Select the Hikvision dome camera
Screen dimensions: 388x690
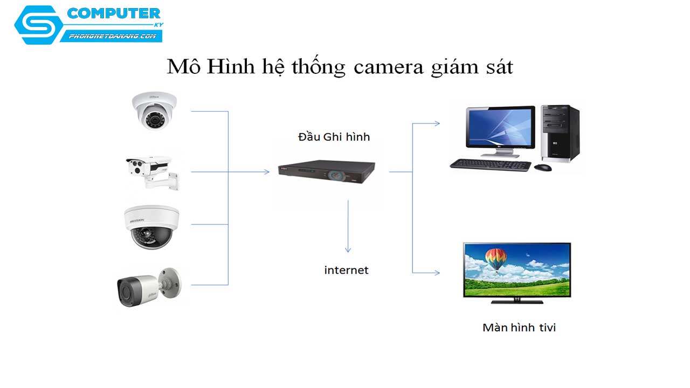[151, 227]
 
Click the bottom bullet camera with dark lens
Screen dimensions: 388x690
[148, 288]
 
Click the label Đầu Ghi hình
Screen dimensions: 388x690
[334, 137]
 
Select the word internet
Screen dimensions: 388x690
[346, 270]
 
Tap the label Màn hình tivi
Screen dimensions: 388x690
[519, 327]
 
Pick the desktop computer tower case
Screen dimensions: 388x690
[560, 133]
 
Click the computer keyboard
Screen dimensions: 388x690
[489, 164]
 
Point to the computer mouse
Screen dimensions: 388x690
[542, 167]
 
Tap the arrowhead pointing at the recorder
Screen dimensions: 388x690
[266, 172]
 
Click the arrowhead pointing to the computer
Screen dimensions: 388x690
[437, 123]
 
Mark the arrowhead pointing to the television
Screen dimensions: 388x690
[437, 273]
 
